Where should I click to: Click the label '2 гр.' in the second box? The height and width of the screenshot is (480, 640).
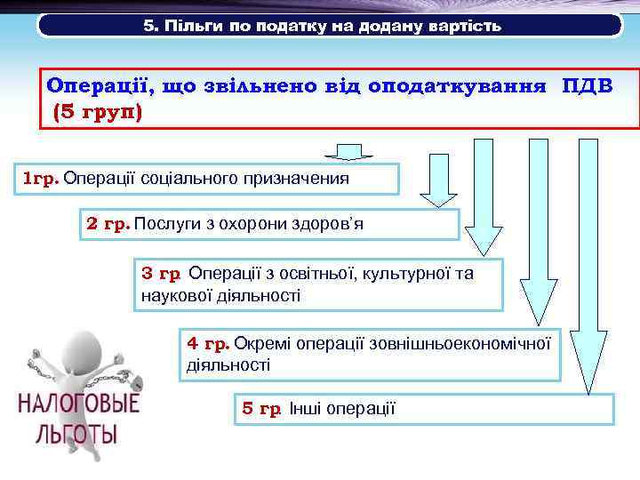(108, 223)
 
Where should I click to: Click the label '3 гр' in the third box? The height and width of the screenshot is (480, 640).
(162, 274)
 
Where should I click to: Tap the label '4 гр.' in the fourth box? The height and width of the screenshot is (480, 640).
(208, 342)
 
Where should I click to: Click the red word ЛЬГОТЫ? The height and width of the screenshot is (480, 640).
(78, 436)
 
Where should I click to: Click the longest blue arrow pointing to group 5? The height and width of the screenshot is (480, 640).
(588, 267)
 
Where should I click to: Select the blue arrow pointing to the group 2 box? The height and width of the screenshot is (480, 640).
(437, 191)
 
